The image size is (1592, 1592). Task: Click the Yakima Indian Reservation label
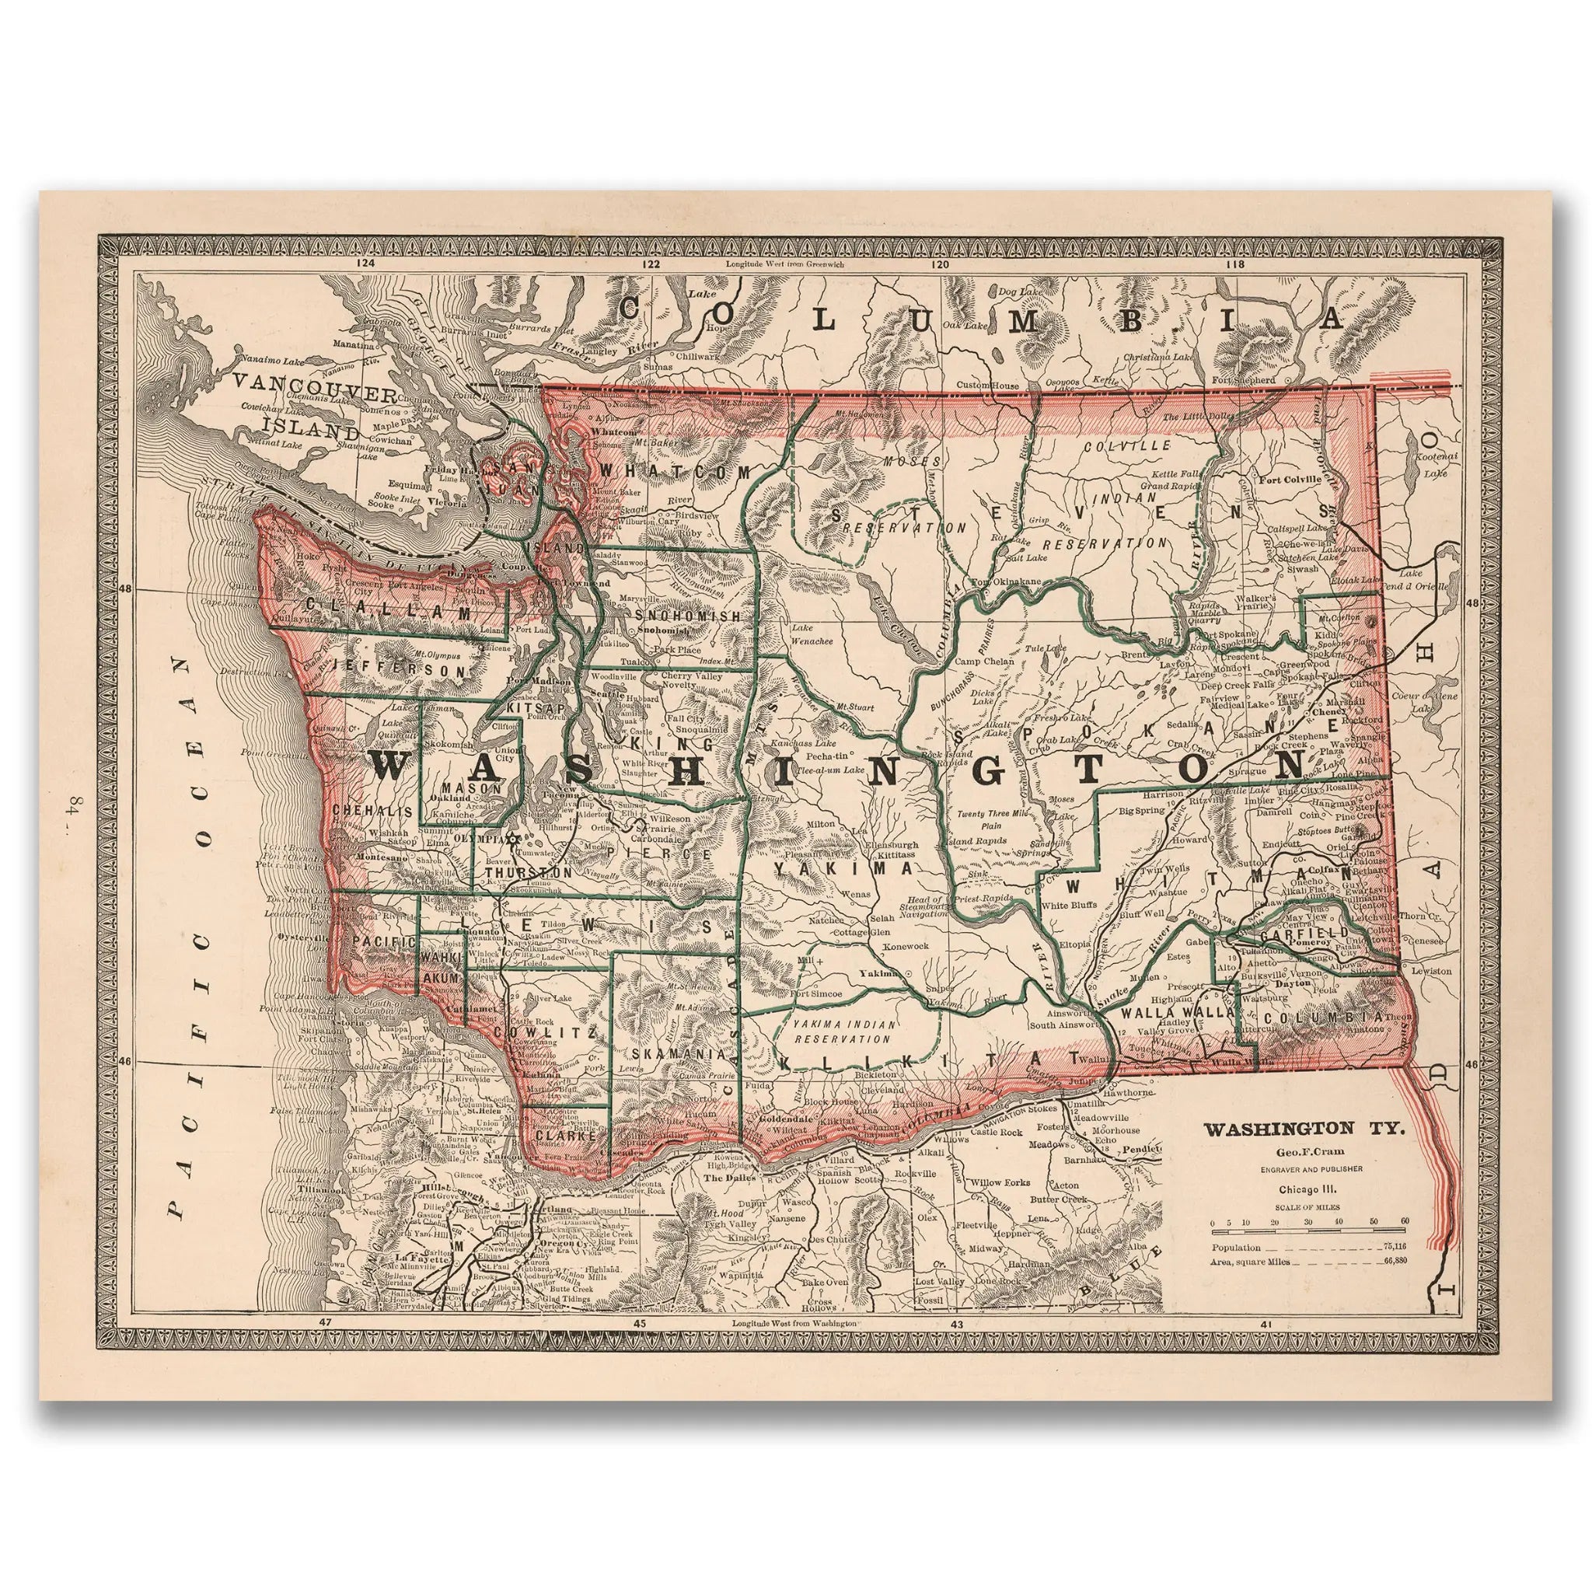click(x=837, y=1031)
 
